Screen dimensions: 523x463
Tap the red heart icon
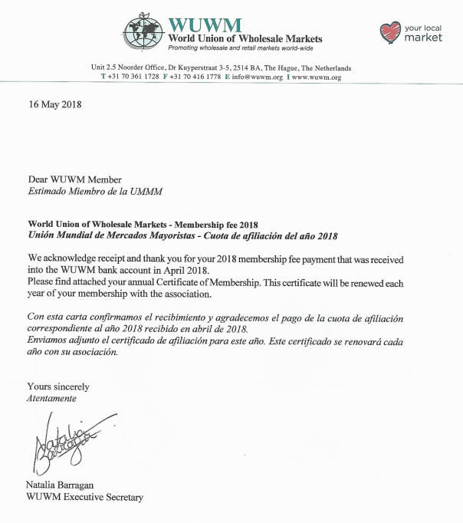point(390,32)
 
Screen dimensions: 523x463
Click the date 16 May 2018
point(54,105)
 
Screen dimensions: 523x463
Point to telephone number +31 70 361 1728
point(133,77)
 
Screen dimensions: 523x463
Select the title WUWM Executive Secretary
point(84,497)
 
